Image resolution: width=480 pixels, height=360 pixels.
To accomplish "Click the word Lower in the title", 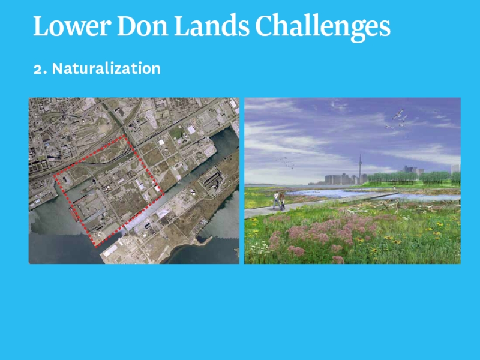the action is pos(72,26).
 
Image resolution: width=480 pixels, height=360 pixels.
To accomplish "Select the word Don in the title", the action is pos(142,26).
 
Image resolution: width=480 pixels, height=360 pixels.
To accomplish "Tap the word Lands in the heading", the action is pos(212,26).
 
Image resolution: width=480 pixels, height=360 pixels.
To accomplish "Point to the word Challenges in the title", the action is pos(323,28).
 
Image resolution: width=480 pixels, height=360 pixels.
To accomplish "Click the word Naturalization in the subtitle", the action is pos(106,68).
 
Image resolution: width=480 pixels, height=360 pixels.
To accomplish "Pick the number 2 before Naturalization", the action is pos(38,69).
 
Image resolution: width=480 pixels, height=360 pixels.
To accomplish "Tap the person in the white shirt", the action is pos(277,200).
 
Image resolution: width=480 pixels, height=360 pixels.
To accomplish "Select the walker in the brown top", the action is pos(281,201).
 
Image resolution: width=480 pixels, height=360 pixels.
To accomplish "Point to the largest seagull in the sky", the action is pos(398,114).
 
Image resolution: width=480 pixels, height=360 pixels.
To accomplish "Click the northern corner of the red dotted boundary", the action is pos(124,136).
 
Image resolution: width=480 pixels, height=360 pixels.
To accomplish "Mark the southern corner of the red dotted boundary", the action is pos(96,246).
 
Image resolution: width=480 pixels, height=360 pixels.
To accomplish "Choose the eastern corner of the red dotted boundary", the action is pos(163,194).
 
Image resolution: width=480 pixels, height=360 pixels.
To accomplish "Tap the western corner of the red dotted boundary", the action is pos(55,176).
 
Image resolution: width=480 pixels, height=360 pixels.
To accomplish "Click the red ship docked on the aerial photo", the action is pos(74,214).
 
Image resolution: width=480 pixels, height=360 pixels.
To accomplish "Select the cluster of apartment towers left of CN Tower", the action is pos(340,179).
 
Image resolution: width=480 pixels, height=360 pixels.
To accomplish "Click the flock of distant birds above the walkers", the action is pos(286,162).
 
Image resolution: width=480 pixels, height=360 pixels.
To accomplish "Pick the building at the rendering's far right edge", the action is pos(455,169).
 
